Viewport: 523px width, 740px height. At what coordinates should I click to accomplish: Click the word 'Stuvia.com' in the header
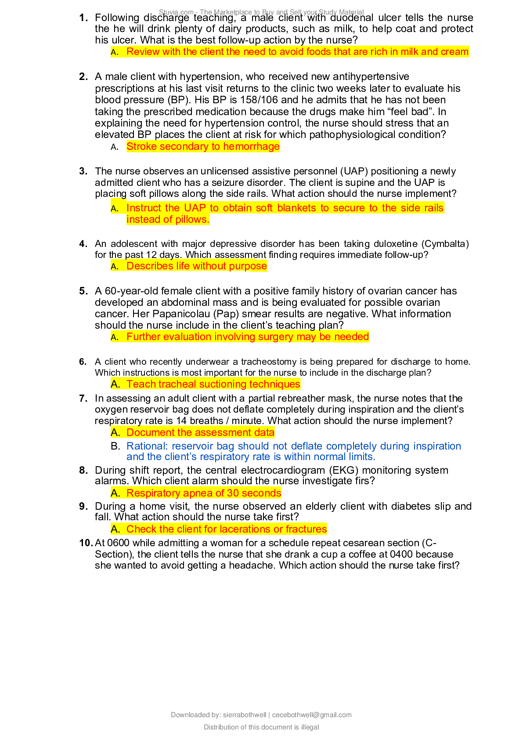click(176, 12)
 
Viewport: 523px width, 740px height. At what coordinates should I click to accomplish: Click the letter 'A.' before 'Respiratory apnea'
click(115, 493)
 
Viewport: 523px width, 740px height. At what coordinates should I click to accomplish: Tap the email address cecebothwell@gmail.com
click(312, 715)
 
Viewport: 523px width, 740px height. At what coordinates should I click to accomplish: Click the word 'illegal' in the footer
click(310, 727)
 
